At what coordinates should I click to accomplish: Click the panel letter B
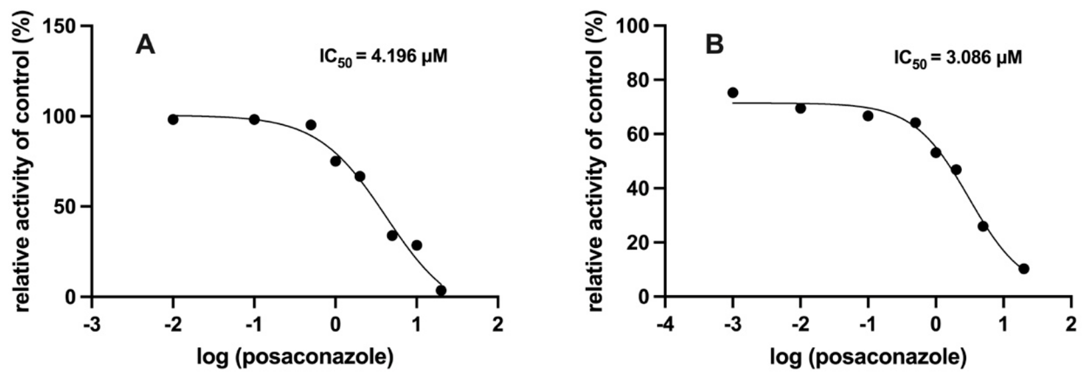click(714, 45)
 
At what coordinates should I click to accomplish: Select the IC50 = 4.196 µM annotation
click(383, 57)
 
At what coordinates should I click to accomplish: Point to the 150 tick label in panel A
click(62, 26)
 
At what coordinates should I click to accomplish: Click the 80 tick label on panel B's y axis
click(642, 80)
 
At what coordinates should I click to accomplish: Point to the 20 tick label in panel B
click(642, 242)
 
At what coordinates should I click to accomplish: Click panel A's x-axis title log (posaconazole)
click(295, 358)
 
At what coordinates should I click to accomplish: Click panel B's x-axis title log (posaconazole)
click(868, 358)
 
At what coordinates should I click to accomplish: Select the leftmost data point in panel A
click(173, 119)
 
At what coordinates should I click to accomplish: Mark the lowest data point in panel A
click(441, 291)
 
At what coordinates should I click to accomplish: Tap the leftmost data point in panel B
click(733, 92)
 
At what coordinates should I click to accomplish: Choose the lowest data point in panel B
click(1024, 269)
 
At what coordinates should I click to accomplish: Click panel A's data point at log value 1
click(417, 245)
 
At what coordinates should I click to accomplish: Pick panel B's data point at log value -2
click(800, 108)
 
